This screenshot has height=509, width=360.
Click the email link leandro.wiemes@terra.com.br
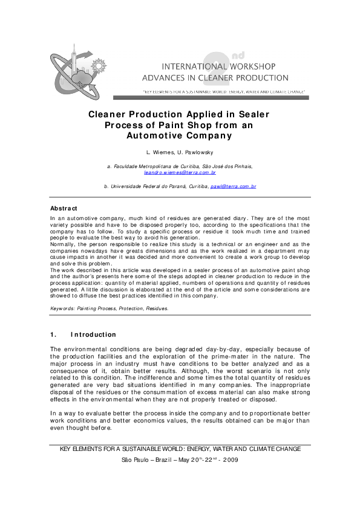point(180,172)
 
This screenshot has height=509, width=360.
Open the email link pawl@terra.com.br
point(233,187)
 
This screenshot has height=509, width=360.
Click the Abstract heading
point(64,209)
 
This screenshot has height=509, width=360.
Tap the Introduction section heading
point(93,334)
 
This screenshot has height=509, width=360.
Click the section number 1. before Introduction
point(53,334)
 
